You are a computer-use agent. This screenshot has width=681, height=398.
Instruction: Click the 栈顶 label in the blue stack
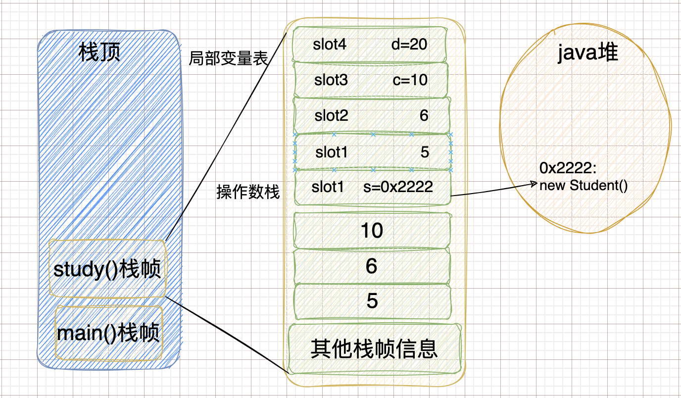99,52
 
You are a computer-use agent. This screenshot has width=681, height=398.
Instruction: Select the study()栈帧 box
108,269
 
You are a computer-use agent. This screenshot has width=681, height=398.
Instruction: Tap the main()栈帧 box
109,333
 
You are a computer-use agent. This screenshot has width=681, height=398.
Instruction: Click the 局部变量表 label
228,59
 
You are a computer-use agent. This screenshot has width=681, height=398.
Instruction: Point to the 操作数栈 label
248,192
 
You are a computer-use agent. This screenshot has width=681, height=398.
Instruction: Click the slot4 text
330,44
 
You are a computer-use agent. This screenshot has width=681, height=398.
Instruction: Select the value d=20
409,44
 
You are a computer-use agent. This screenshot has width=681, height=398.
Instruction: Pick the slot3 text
331,80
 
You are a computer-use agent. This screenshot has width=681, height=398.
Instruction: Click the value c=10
410,80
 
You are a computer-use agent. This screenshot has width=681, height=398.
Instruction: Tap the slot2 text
331,116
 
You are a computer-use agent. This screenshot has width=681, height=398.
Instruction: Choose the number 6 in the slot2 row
424,116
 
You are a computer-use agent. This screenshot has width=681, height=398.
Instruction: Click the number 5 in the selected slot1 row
425,152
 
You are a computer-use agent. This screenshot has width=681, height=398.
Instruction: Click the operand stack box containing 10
372,230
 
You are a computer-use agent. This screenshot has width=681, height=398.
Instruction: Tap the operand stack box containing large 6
372,266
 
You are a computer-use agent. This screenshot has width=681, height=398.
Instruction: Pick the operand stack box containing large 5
372,301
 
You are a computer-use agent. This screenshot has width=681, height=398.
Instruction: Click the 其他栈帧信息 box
374,348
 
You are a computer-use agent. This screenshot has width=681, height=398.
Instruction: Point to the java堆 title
587,52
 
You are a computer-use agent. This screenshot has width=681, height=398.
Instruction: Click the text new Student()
584,186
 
